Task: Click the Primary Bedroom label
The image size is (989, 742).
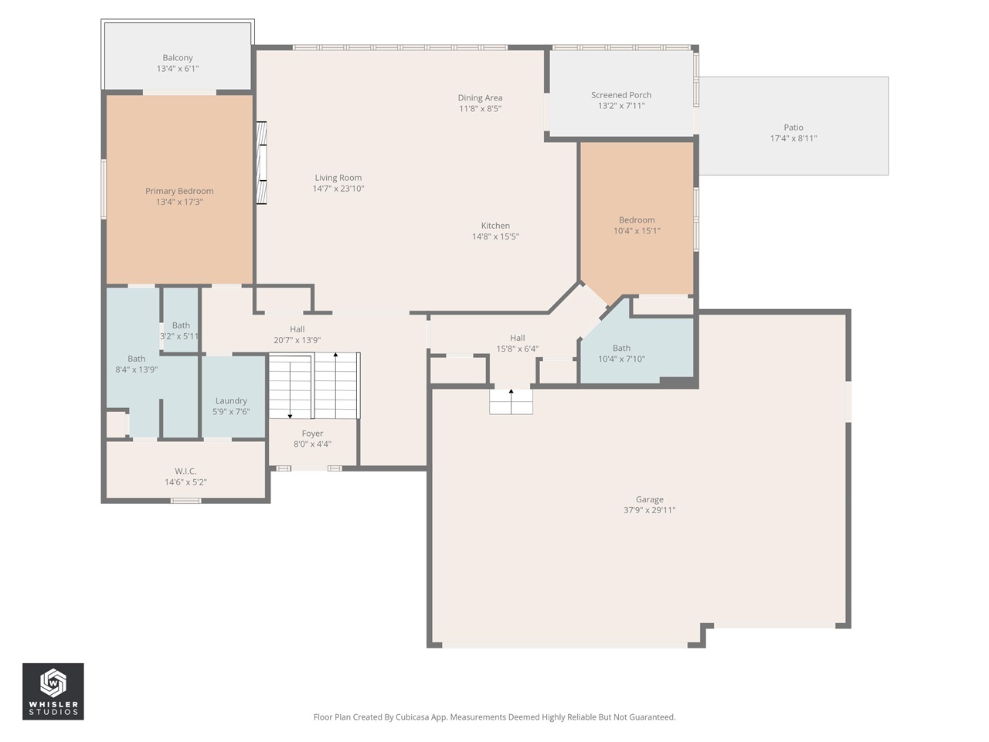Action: (179, 191)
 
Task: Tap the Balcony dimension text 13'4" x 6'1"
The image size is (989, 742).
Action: (178, 69)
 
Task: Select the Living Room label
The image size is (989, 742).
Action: (338, 178)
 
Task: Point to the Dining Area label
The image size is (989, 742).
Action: (480, 98)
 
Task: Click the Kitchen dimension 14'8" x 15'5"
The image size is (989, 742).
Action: (495, 237)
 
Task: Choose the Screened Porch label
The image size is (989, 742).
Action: (621, 95)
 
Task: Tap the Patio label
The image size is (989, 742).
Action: (794, 128)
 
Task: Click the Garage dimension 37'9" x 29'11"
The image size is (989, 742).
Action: (649, 510)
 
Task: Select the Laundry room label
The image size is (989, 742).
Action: (231, 400)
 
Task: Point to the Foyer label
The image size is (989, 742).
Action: (312, 434)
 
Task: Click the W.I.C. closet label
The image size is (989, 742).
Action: (185, 471)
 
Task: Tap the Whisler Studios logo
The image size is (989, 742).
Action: (53, 691)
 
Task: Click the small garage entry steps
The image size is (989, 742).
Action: (511, 401)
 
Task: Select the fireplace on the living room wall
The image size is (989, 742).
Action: (262, 163)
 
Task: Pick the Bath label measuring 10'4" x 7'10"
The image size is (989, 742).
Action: (621, 348)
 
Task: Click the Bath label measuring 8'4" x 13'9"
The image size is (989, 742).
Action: (136, 359)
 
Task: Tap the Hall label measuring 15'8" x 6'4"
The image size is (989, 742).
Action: (518, 338)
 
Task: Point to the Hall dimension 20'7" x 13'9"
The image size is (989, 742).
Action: (297, 340)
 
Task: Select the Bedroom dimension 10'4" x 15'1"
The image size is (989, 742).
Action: (637, 230)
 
